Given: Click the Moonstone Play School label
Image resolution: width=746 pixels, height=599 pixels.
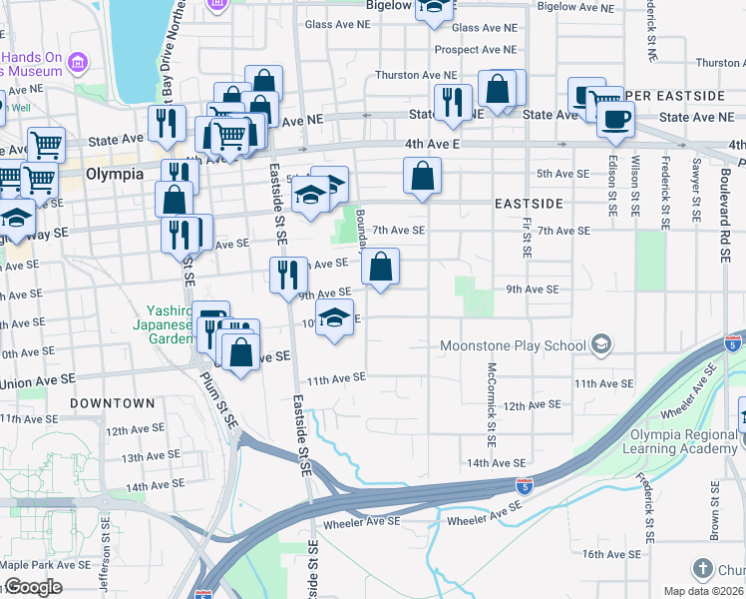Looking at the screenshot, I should pos(514,345).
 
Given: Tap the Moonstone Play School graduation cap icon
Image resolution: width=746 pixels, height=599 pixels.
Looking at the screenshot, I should pos(600,345).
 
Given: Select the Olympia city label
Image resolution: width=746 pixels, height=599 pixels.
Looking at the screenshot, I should pos(109,173).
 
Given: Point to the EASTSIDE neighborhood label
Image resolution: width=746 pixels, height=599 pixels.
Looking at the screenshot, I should pos(529,204).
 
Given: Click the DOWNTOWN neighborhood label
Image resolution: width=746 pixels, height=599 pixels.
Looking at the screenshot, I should pos(113,403).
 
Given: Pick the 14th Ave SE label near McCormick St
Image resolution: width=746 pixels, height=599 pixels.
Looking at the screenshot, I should pos(496,463).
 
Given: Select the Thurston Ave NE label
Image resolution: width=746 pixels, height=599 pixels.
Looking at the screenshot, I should pos(416,75).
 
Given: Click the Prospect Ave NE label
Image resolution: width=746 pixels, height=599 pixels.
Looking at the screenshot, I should pos(476,49).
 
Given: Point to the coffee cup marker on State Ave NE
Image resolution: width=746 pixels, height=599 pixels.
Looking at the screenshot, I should pos(615,119).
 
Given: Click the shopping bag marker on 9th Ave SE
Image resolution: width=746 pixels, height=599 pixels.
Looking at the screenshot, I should pos(380,268).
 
